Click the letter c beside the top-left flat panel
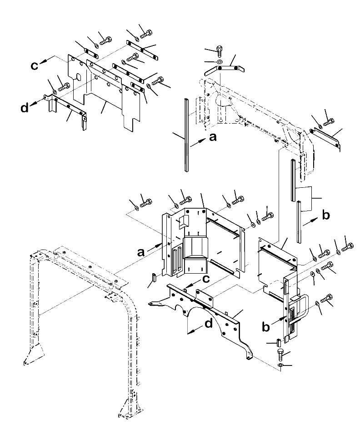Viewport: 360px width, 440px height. (35, 66)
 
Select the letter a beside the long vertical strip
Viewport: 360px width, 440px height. (212, 137)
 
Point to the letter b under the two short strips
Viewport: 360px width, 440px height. (325, 215)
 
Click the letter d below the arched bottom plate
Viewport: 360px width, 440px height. (208, 324)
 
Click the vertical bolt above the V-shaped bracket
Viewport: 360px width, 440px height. (220, 48)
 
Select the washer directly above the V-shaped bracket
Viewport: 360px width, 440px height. (219, 61)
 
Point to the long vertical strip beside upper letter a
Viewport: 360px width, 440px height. (186, 134)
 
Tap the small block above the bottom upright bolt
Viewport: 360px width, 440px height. (279, 341)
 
